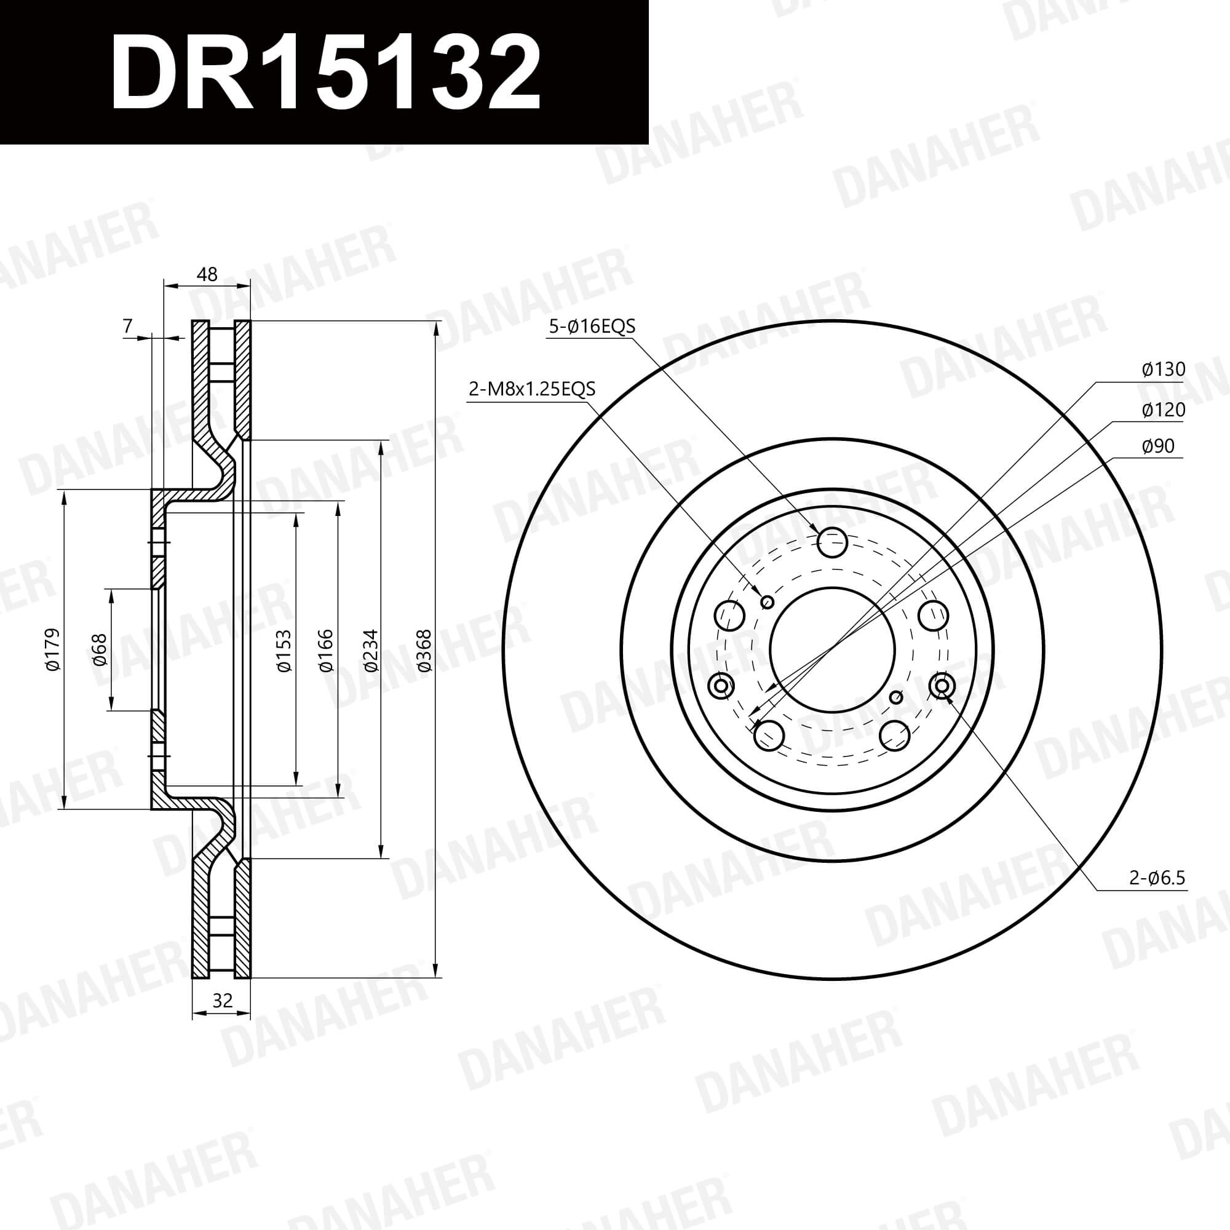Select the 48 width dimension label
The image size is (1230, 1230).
(x=207, y=274)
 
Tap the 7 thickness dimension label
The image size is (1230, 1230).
(x=128, y=326)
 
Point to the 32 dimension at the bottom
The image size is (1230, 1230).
(x=221, y=1001)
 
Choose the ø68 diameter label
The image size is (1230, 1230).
(x=100, y=649)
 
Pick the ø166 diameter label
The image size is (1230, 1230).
(x=325, y=650)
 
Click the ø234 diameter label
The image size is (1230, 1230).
(x=371, y=650)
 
